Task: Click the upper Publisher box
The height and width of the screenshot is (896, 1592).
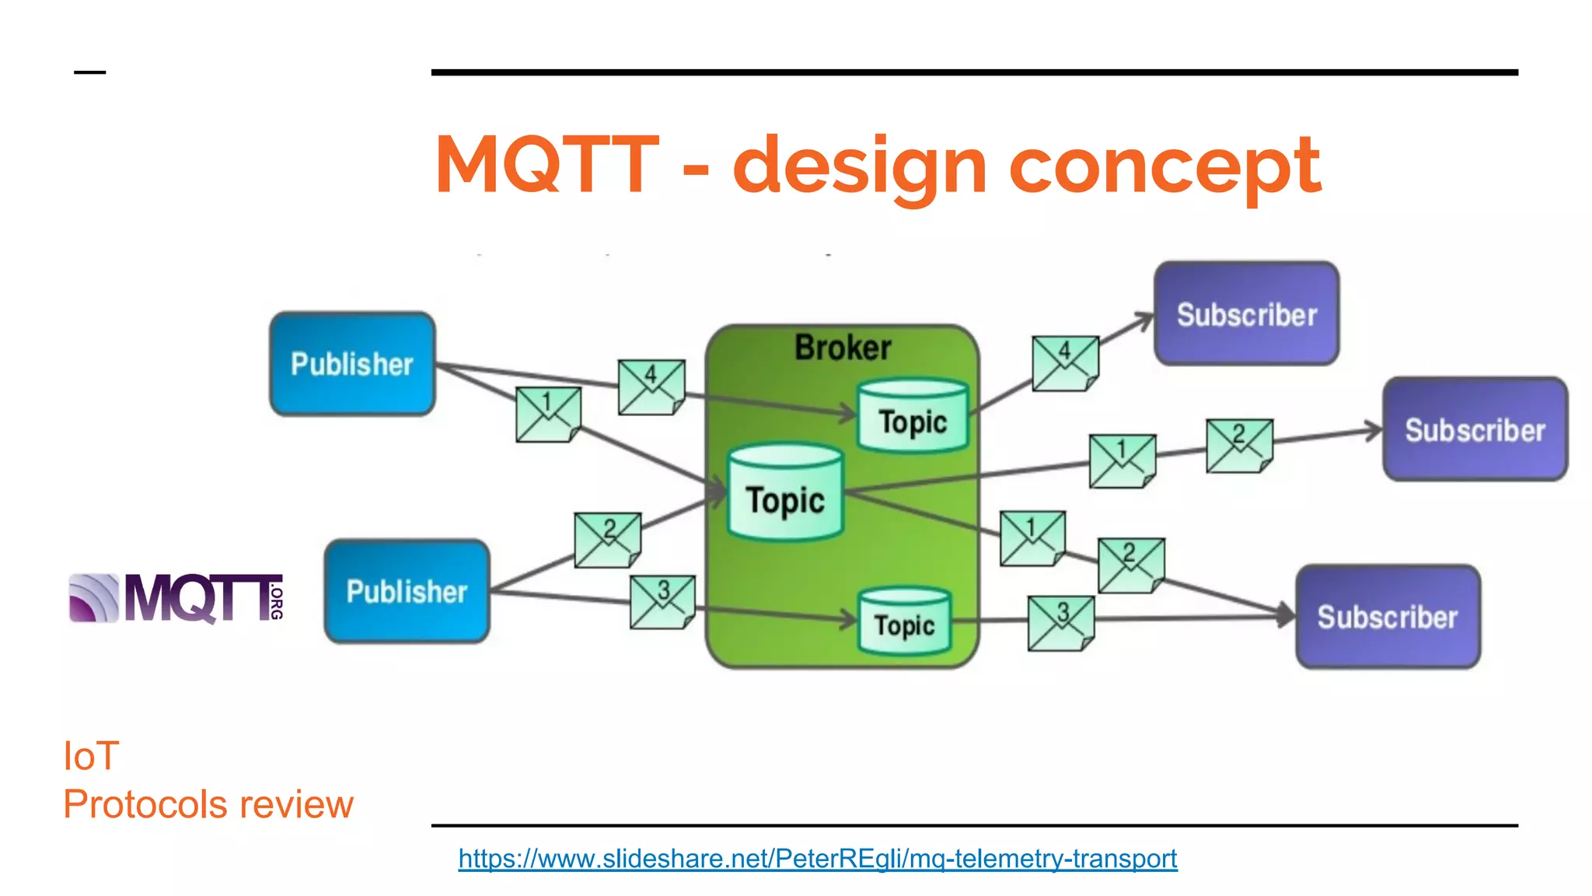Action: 352,364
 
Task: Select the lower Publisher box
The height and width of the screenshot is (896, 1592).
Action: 407,591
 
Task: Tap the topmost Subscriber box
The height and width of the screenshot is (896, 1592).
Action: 1246,313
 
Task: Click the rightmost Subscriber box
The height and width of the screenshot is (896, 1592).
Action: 1475,429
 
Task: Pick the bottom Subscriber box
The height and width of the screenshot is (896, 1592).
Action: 1388,616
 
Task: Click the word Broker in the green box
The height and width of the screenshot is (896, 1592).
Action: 843,348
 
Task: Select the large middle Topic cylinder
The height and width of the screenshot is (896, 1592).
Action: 785,494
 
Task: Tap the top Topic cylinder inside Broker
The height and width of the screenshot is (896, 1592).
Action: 913,417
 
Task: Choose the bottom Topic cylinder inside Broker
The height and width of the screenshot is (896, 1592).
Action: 904,621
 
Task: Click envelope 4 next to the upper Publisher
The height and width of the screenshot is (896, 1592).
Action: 651,387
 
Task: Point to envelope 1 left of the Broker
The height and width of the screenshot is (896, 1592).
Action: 548,415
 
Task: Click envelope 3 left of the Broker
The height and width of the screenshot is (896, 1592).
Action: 662,602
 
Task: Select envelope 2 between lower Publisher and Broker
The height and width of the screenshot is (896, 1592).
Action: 608,540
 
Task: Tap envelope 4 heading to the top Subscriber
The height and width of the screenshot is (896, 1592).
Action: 1065,363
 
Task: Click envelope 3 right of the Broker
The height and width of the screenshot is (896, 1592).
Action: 1061,623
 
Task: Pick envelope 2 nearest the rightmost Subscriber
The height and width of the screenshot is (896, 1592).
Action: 1239,446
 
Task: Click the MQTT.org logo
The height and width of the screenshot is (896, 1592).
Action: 176,598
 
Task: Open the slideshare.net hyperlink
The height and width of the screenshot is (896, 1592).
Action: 817,859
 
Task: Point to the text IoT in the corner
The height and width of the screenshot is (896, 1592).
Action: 91,756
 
